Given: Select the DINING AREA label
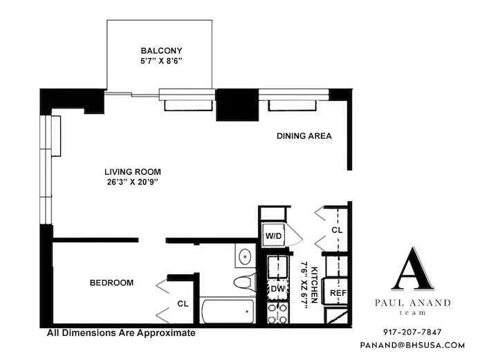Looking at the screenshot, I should click(x=304, y=136).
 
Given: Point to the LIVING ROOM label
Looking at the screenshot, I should click(x=133, y=172).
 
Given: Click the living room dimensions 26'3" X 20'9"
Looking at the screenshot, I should click(x=133, y=183).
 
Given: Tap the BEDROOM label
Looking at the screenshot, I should click(x=111, y=283).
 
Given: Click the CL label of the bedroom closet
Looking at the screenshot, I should click(x=183, y=303).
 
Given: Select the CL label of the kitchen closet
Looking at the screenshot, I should click(x=337, y=230).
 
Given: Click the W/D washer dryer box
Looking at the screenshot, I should click(x=274, y=236).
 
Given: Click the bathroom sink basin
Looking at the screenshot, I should click(x=244, y=257).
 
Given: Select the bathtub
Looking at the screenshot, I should click(x=226, y=312).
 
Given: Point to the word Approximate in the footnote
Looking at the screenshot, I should click(x=165, y=332).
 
